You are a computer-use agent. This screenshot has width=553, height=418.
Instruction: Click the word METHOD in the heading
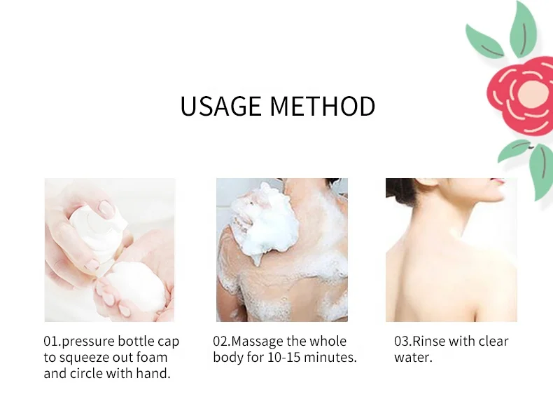click(x=323, y=106)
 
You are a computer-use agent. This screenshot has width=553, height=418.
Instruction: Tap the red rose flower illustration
click(x=521, y=97)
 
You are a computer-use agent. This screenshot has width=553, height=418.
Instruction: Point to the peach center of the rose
click(x=533, y=93)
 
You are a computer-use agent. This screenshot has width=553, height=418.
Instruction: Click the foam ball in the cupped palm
click(x=136, y=285)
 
